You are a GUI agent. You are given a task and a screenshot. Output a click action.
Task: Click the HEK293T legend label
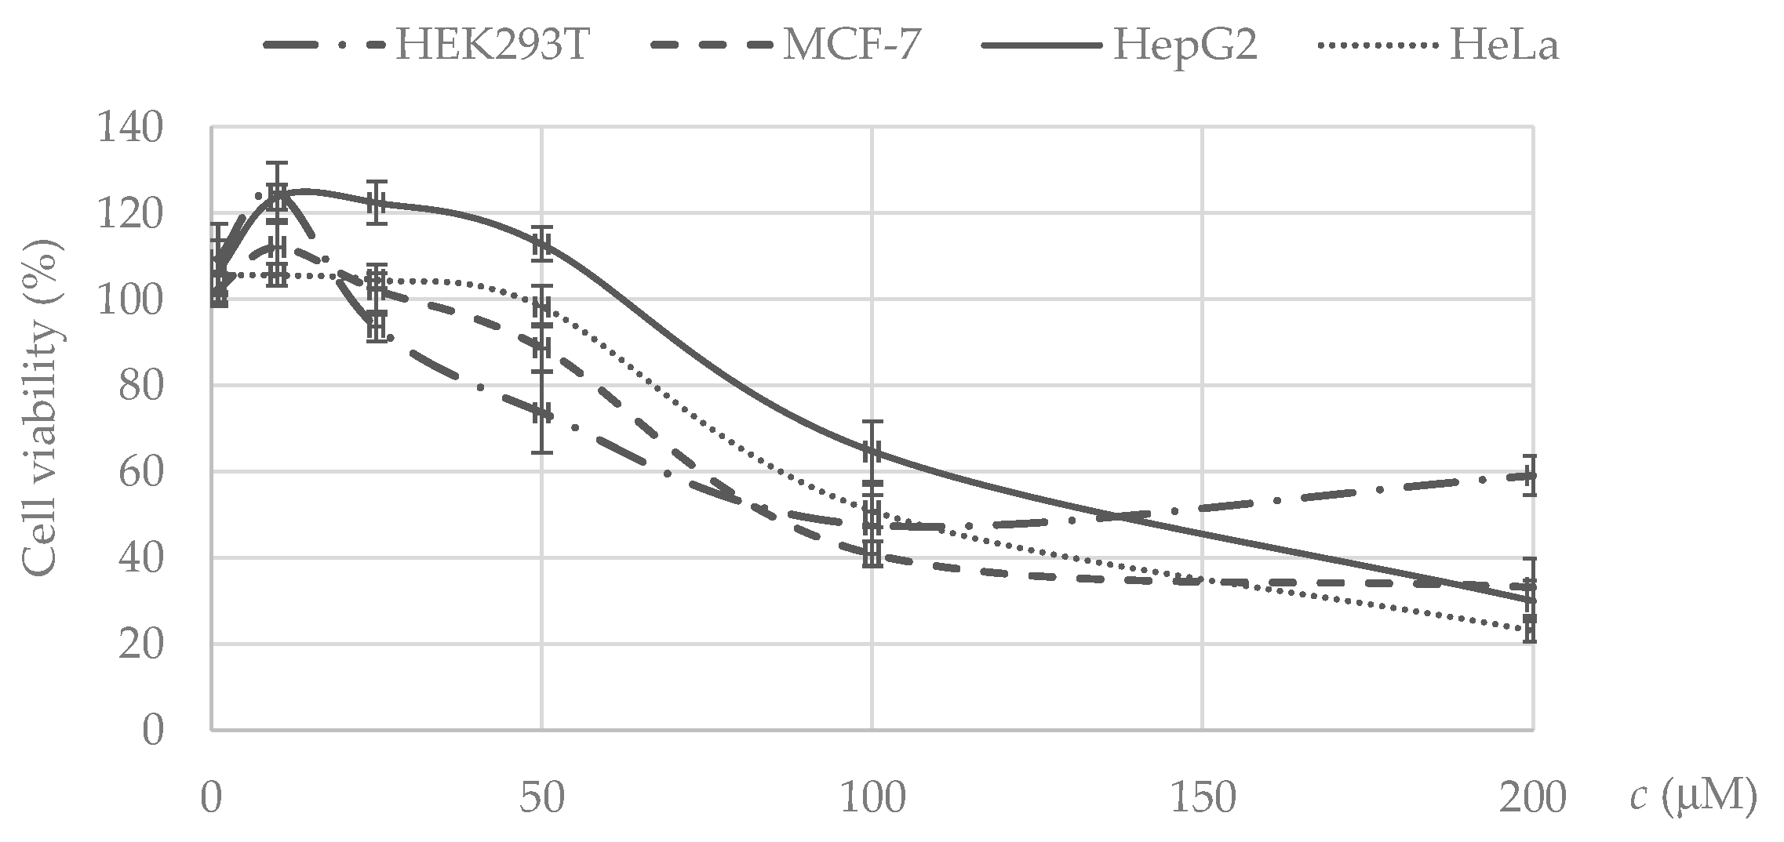point(492,45)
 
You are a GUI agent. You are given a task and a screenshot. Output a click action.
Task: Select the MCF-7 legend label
point(850,45)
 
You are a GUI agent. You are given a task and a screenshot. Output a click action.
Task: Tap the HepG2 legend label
point(1185,45)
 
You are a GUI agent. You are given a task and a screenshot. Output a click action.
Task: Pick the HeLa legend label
point(1504,45)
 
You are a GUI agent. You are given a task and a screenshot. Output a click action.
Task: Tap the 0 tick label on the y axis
point(152,731)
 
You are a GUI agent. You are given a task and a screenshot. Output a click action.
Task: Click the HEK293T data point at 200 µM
point(1531,475)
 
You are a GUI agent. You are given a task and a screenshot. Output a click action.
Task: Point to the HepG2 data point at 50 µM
point(541,244)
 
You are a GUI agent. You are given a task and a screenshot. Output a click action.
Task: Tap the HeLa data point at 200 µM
point(1531,627)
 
